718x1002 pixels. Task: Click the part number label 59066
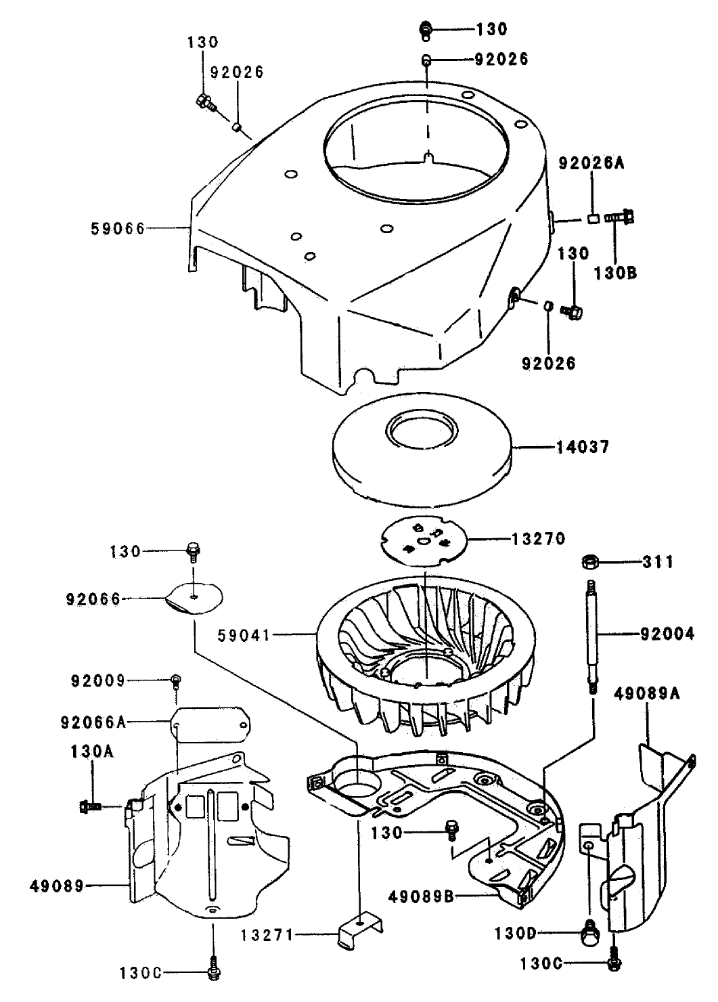(118, 228)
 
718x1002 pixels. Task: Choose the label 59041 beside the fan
(244, 635)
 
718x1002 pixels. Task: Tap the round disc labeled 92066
(195, 597)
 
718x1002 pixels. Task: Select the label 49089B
(420, 897)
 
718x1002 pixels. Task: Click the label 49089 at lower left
(57, 885)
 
